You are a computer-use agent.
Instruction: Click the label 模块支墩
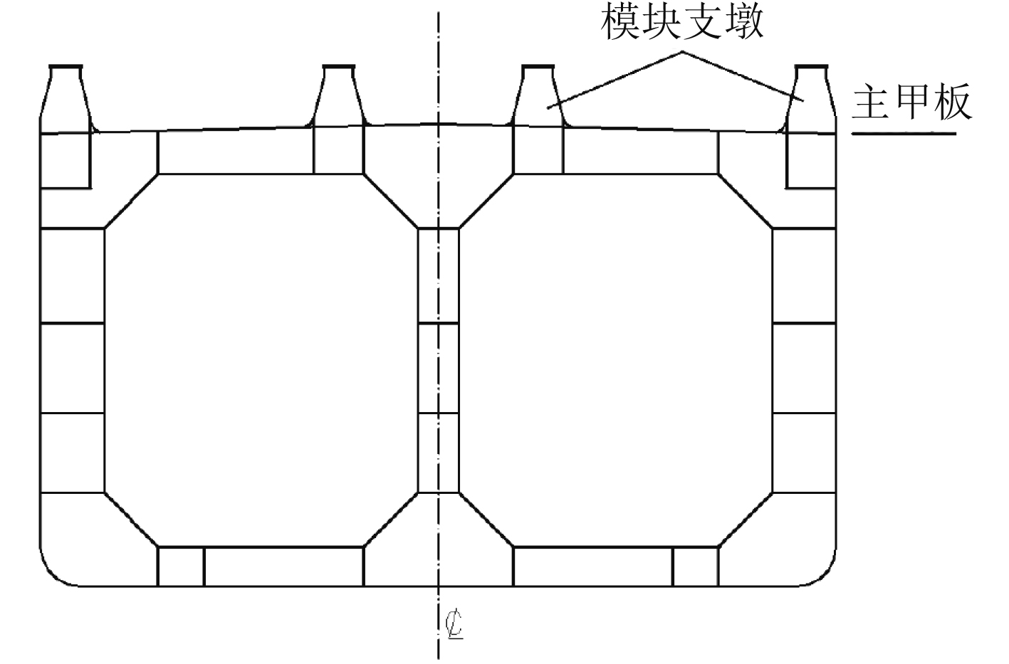[682, 23]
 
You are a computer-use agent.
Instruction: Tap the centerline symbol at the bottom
[453, 624]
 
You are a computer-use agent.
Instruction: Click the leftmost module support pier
[66, 100]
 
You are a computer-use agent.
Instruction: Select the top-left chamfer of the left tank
[131, 201]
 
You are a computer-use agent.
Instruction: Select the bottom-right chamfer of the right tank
[746, 520]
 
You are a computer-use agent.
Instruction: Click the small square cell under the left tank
[181, 566]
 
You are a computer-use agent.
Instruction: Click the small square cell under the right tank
[695, 566]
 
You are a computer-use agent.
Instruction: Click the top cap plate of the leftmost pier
[66, 68]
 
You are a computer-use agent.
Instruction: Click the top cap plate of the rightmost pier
[811, 68]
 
